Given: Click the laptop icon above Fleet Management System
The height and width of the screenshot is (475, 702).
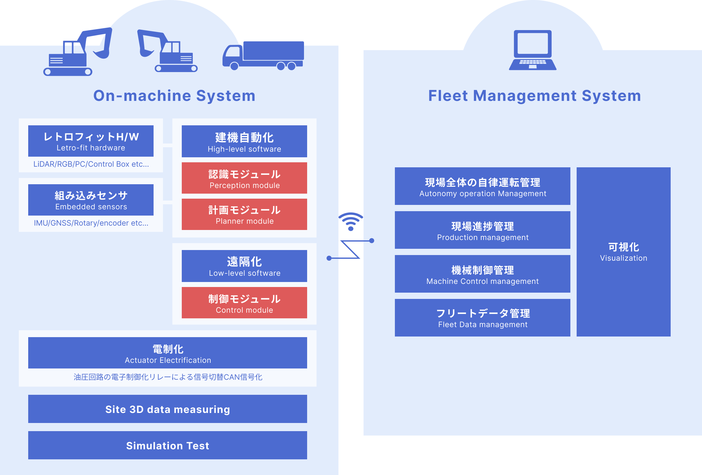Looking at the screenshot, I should [532, 50].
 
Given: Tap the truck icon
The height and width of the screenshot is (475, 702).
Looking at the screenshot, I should [263, 56].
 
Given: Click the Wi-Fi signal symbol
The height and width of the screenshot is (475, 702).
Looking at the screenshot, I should [351, 222].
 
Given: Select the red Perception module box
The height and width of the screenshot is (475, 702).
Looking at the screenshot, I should [244, 178].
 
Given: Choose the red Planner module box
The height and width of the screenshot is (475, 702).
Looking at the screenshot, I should [244, 214].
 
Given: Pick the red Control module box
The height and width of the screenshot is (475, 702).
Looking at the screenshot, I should [244, 303].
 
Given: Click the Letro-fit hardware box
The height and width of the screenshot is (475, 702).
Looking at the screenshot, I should [91, 141].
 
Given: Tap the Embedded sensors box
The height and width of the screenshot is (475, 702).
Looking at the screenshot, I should [91, 200].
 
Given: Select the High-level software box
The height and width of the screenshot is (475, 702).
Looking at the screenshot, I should [244, 141].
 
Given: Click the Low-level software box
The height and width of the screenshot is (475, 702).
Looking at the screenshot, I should [244, 266].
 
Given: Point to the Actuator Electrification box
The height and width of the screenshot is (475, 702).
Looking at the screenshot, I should [168, 353].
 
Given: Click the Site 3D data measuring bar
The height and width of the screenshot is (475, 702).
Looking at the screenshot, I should [168, 409].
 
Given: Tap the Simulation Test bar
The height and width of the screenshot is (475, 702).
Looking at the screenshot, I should [168, 445].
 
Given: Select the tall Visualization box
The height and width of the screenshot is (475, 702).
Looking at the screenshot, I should [624, 252].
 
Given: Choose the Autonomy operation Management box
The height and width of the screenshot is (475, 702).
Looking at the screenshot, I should [483, 186].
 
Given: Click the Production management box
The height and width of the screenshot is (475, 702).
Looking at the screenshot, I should [483, 230].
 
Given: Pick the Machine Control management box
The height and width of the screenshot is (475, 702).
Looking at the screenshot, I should [483, 274].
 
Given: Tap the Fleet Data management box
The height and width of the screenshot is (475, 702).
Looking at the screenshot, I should [483, 318].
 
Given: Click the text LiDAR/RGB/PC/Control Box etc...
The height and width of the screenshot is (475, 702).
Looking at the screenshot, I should [91, 164].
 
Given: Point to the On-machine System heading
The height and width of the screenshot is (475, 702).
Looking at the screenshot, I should [174, 96].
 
